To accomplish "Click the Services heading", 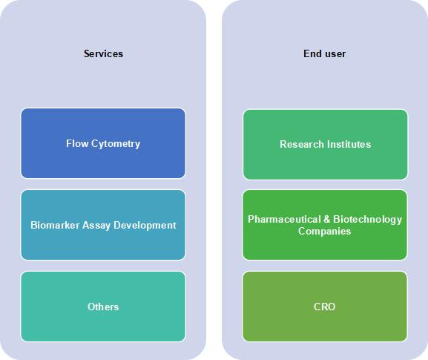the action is coord(103,53).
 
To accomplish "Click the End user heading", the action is coord(325,53).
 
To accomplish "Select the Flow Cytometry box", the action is coord(103,143).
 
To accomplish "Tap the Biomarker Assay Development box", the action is coord(103,225).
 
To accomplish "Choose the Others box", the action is coord(103,307).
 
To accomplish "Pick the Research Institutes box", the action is coord(326,145).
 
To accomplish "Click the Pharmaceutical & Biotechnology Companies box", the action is coord(325,225).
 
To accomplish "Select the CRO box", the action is coord(325,307).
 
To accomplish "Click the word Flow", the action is coord(77,143).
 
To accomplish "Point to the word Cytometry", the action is coord(116,144).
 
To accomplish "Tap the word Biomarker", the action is coord(55,225).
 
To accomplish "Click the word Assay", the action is coord(96,226).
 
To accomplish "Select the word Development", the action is coord(145,226).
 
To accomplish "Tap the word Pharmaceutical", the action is coord(284,219).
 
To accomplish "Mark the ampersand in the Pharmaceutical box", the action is coord(327,219).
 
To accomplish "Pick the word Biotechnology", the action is coord(368,220).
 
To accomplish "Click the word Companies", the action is coord(325,232).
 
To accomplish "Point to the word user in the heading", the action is coord(335,54).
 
